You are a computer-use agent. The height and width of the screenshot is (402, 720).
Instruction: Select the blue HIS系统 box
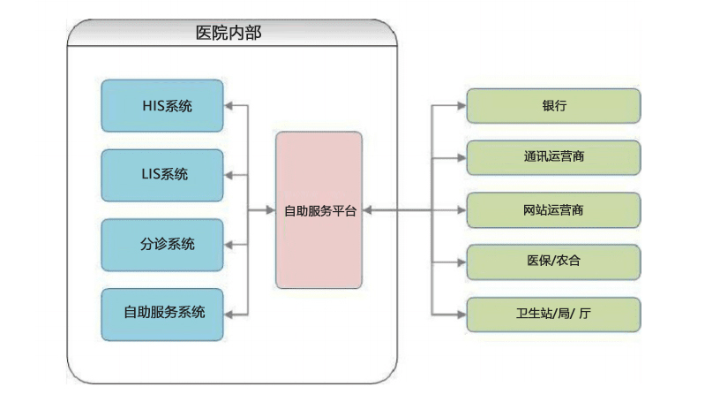click(161, 107)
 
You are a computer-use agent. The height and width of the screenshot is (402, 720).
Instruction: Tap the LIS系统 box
click(161, 175)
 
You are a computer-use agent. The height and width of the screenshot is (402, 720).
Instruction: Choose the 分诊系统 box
click(161, 245)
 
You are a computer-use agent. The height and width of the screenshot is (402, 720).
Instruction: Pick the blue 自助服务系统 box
click(161, 314)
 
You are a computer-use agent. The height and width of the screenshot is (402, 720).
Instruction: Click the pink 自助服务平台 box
click(319, 210)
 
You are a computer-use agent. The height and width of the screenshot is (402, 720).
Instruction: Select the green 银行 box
click(553, 106)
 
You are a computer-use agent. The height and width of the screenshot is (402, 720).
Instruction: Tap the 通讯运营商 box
click(553, 157)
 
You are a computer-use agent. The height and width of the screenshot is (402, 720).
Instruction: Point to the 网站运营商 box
click(553, 210)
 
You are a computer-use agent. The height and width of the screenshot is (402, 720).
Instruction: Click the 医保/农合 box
click(553, 262)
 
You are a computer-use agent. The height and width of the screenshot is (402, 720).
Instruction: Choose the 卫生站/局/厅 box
click(553, 314)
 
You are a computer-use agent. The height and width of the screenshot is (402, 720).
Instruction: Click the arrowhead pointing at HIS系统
click(229, 107)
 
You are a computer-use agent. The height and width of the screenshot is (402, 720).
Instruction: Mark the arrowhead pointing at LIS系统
click(229, 175)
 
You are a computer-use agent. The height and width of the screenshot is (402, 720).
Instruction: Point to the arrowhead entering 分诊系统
click(229, 245)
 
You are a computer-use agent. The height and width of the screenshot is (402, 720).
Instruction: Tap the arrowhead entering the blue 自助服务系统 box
click(229, 314)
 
